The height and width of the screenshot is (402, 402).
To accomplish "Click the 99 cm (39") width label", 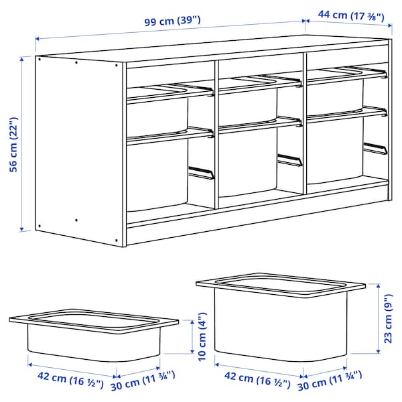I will [x=172, y=21].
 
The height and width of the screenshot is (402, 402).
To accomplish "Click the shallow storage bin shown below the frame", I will [x=94, y=335].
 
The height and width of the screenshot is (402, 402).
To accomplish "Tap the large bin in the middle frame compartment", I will [x=248, y=164].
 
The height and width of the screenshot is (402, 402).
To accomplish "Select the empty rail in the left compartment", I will [x=201, y=173].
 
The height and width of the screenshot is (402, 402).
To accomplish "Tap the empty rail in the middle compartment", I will [x=289, y=161].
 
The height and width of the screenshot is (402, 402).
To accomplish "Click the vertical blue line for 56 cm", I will [x=23, y=144].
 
